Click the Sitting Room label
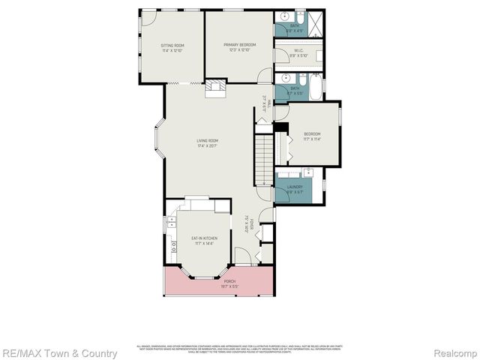pyautogui.click(x=172, y=48)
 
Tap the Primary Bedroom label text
pyautogui.click(x=238, y=47)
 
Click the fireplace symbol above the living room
pyautogui.click(x=215, y=87)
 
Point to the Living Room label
pyautogui.click(x=208, y=142)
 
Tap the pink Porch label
pyautogui.click(x=218, y=283)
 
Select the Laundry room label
pyautogui.click(x=295, y=189)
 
